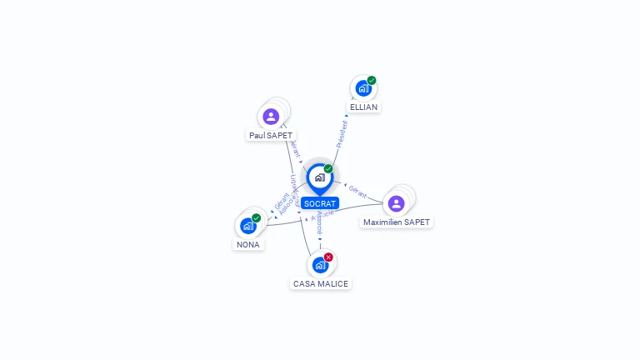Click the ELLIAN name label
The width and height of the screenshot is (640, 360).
363,107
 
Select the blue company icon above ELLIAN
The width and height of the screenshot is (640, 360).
362,88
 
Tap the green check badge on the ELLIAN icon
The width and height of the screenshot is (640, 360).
372,81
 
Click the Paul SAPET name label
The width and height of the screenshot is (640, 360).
271,135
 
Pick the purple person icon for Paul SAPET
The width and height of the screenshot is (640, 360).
270,117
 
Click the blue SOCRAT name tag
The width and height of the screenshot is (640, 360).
320,203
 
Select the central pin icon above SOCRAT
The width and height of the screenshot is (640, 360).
319,177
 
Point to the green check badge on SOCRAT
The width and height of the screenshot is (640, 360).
328,169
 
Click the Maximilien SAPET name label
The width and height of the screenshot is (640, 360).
397,222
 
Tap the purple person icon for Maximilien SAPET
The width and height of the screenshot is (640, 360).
396,203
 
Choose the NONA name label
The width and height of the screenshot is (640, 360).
248,245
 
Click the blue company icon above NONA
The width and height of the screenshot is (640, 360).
247,226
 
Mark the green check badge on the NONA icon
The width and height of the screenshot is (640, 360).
257,218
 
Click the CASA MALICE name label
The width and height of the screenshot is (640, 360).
321,283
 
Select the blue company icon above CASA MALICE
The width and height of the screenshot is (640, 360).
319,266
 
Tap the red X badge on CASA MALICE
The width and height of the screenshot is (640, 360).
328,257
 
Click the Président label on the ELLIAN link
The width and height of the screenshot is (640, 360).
341,134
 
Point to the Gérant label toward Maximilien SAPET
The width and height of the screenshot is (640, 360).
357,190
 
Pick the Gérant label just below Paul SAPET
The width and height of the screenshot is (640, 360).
294,149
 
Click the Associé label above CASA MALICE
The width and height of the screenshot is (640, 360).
319,223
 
